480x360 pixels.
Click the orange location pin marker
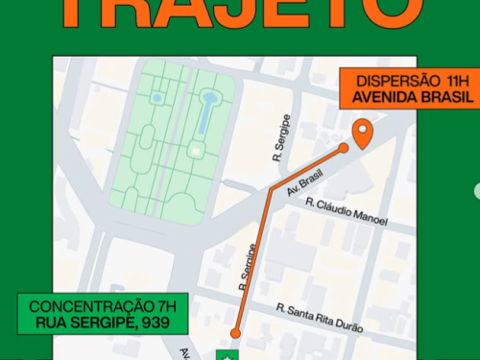coord(363,133)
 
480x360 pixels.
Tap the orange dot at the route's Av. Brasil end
coord(344,149)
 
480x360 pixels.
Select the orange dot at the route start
coord(234,334)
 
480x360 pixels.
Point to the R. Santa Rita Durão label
coord(321,318)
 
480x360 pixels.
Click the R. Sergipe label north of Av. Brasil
coord(279,143)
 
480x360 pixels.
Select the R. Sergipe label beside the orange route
coord(249,266)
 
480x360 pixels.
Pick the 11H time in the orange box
coord(457,81)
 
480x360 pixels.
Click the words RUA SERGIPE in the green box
coord(84,324)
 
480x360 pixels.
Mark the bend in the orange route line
coord(272,190)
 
